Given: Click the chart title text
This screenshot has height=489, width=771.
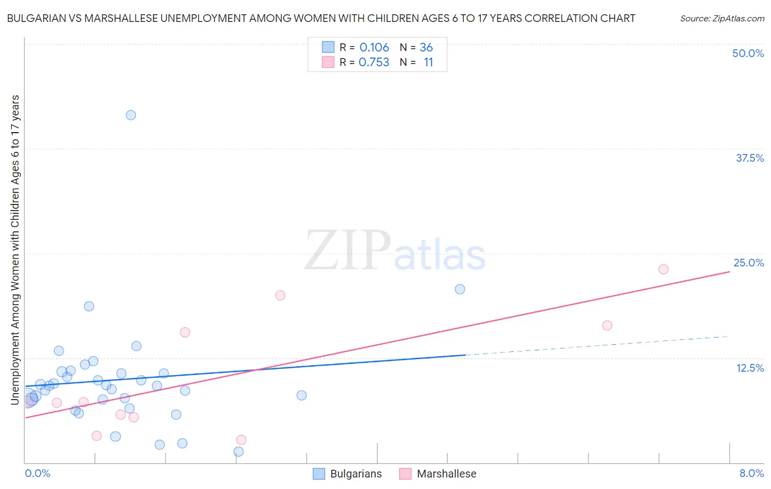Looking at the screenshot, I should point(321,18).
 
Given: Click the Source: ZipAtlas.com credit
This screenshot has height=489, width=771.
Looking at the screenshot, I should point(722,18).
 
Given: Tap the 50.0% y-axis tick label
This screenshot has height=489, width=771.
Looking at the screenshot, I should point(748,53).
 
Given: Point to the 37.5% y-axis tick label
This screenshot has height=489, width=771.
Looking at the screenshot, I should point(750,158).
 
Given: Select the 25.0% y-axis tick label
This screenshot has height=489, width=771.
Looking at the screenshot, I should point(749,263).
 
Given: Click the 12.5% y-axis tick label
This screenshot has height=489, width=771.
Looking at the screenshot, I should point(750,368).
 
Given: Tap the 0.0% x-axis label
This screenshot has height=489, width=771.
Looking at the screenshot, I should point(37,473).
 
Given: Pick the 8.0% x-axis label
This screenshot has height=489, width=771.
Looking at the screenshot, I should point(751,473).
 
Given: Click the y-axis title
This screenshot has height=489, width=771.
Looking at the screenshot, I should point(15,250).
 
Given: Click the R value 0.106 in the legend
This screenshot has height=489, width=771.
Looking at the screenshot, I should point(374,48).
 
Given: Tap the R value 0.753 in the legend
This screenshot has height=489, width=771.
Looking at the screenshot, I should point(374,62).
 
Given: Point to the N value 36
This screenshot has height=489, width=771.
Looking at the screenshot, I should point(426,48).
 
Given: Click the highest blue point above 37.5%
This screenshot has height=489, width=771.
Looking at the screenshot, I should point(131,115).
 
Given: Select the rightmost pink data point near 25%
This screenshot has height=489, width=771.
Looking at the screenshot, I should point(663,269).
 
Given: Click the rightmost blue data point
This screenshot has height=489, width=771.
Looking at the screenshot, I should point(460,289).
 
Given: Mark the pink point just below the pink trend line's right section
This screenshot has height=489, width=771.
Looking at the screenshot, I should point(607,326).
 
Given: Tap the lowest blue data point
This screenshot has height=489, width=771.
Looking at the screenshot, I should point(239,452).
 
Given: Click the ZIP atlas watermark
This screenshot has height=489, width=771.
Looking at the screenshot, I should point(395,251).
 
